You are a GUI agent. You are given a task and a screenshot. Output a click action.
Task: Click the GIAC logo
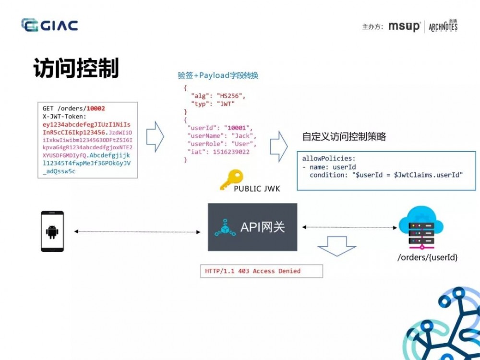49,25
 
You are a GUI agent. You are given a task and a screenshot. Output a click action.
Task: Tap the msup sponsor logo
404,26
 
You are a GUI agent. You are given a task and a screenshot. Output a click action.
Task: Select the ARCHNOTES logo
443,26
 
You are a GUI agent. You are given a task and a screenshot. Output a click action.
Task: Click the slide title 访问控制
76,68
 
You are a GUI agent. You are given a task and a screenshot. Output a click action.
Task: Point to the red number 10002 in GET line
96,108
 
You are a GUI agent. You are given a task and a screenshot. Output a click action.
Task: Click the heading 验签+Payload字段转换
218,75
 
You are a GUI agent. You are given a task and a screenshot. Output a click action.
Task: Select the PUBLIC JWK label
257,189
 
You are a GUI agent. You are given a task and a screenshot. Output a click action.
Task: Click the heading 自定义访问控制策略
344,136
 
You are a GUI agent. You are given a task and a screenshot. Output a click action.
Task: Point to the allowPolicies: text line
328,158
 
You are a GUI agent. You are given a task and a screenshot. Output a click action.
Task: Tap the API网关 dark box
252,227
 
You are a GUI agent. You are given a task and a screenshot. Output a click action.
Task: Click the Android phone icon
51,232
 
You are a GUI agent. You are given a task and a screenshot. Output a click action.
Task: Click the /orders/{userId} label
427,258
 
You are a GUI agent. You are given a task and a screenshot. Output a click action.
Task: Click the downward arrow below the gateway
336,245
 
